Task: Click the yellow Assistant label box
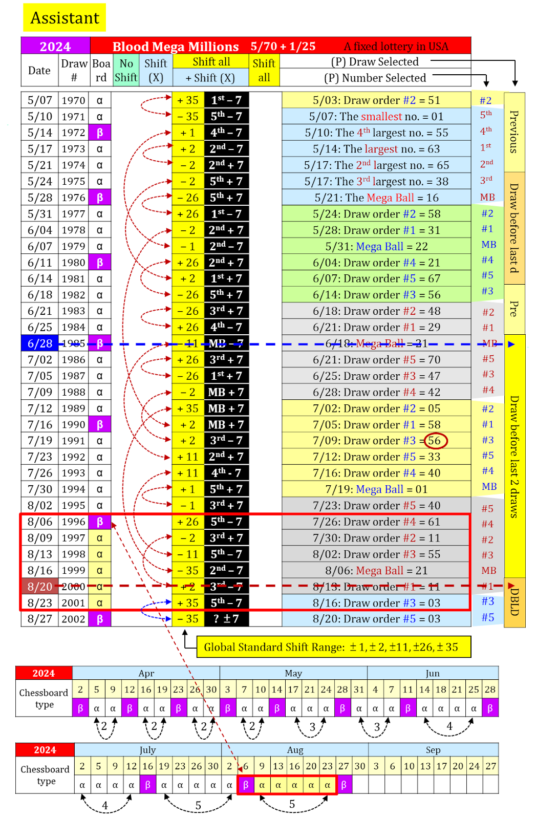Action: coord(65,18)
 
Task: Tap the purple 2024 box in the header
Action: coord(55,46)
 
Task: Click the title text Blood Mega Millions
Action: coord(176,47)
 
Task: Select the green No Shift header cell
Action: coord(126,70)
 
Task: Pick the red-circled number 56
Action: coord(435,441)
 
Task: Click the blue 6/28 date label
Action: coord(40,343)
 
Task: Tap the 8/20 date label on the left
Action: coord(40,587)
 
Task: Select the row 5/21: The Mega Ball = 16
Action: coord(376,198)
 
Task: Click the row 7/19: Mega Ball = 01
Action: coord(376,489)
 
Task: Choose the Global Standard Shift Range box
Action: coord(333,647)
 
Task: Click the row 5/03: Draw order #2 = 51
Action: coord(376,100)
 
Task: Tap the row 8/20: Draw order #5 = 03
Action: coord(376,619)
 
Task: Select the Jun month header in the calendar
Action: coord(433,673)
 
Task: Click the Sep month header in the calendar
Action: coord(433,750)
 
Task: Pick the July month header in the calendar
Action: coord(147,750)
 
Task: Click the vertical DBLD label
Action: coord(514,602)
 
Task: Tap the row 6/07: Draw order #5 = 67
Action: coord(376,278)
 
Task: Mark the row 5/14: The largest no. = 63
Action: coord(376,149)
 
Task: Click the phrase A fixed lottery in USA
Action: coord(396,47)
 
